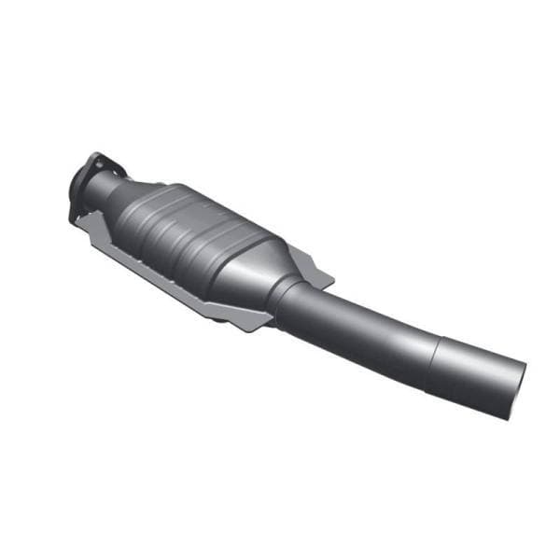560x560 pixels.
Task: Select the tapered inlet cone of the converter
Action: point(135,201)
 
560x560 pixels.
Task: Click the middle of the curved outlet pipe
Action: point(373,331)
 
